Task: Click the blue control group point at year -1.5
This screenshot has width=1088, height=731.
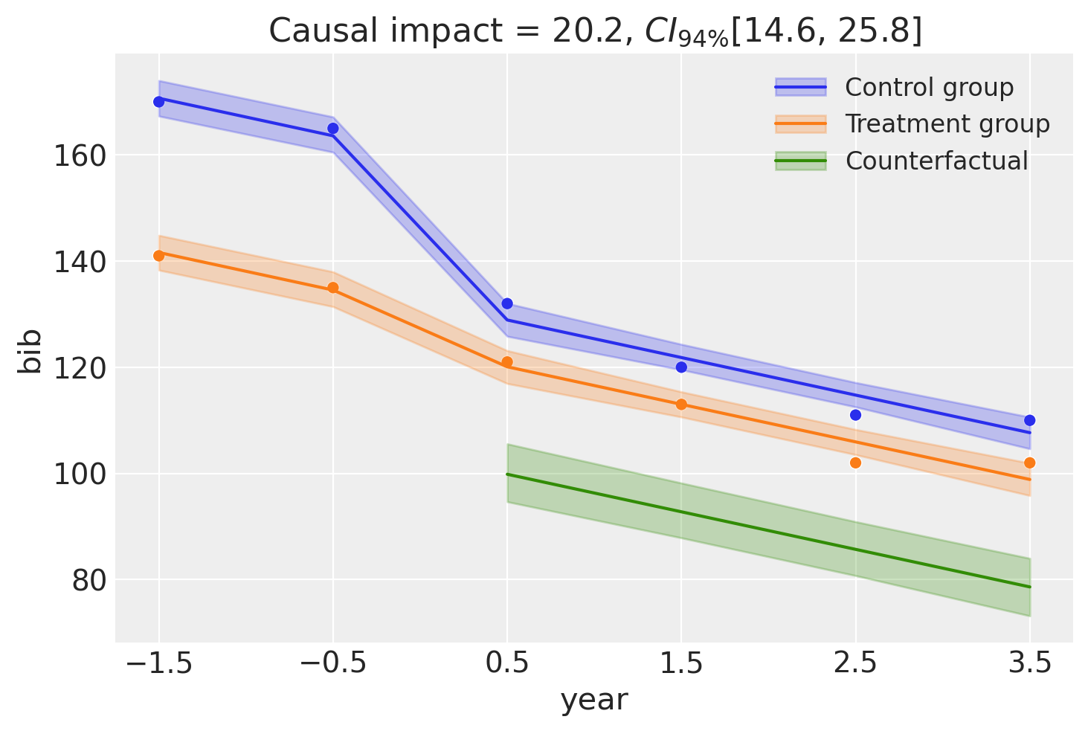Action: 158,102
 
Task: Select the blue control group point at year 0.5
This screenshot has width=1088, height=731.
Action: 507,303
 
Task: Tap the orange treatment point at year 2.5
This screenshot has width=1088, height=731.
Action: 855,463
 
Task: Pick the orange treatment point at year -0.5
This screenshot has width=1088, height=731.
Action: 333,288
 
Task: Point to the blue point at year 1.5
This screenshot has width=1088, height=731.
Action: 681,367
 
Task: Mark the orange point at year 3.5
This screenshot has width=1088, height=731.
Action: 1030,463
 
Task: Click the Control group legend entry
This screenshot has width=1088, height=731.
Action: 929,88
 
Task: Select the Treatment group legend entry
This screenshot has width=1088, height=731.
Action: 947,124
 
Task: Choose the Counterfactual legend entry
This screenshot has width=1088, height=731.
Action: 936,161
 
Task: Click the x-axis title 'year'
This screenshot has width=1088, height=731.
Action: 594,701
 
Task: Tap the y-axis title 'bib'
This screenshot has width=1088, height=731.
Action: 31,351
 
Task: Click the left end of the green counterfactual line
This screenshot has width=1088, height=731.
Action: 507,474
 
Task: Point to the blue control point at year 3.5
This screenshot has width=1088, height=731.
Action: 1030,420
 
